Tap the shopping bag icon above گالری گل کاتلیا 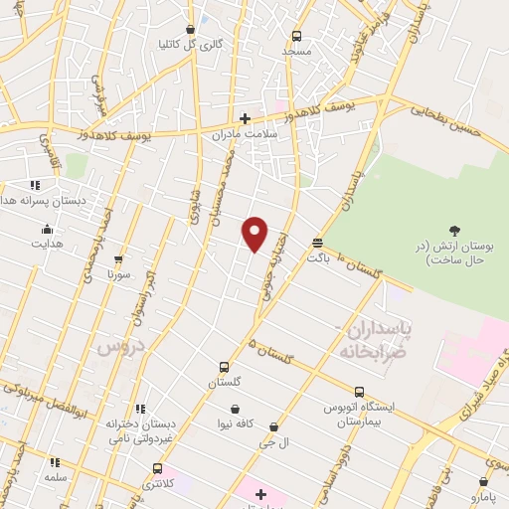tap(191, 30)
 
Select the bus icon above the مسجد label tap(296, 36)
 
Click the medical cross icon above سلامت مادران tap(245, 117)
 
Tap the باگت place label tap(317, 256)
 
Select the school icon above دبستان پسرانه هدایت tap(35, 185)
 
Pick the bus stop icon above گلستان tap(224, 367)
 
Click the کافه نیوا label tap(235, 423)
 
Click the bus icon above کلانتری tap(157, 467)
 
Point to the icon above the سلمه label tap(55, 462)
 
